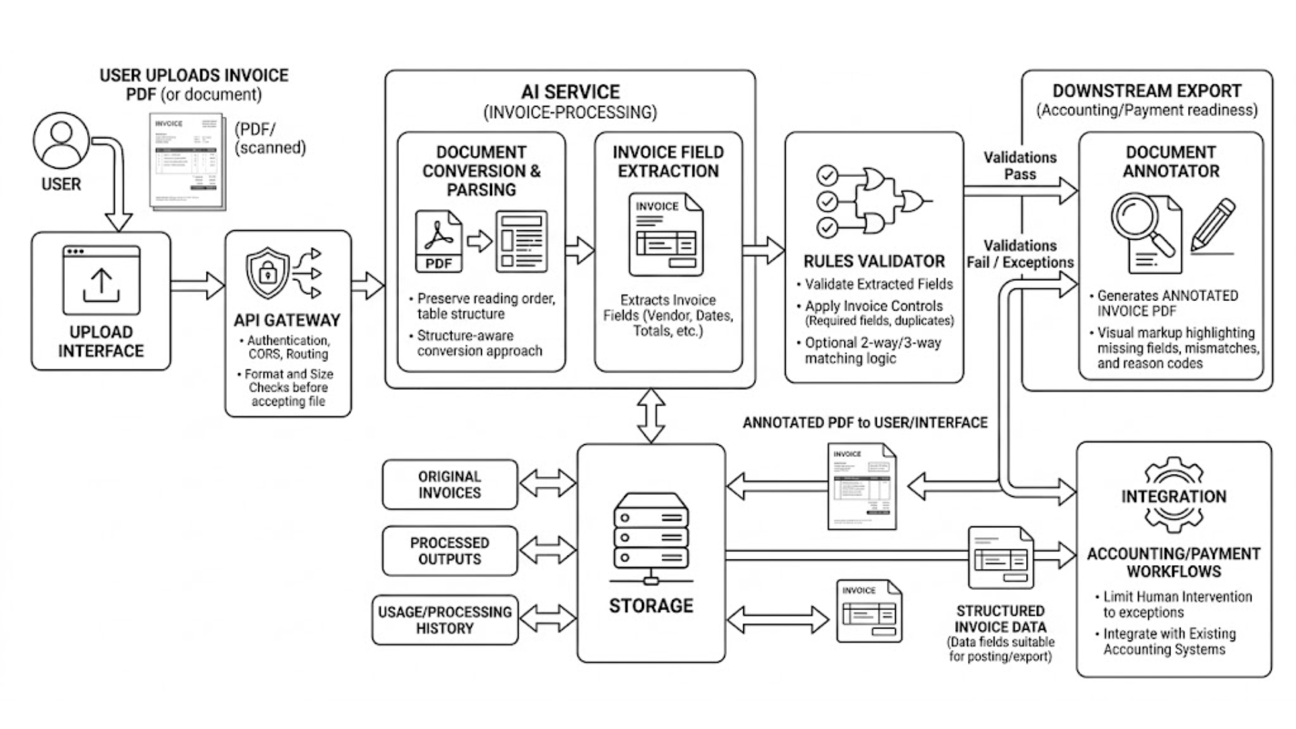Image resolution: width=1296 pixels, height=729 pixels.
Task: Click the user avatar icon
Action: pos(61,140)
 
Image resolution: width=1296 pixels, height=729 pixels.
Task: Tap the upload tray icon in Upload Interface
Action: pos(101,279)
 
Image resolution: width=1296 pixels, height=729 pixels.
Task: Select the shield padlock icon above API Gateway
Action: pos(268,273)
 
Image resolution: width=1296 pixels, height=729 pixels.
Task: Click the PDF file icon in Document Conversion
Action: pos(439,241)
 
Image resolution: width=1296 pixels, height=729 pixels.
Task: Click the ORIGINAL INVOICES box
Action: pos(450,485)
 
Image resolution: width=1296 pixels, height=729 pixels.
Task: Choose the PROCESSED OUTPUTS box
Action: pos(450,551)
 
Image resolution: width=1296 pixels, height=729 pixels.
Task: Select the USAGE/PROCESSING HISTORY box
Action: pos(445,620)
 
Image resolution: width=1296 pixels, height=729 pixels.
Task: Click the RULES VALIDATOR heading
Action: pos(874,261)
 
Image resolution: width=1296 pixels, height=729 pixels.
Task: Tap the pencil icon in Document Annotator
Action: pos(1213,225)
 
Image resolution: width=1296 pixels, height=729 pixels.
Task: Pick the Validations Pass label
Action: pos(1020,166)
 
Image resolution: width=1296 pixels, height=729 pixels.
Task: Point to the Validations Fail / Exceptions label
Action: pos(1020,254)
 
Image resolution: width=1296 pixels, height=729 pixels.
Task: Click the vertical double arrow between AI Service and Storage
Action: pos(651,415)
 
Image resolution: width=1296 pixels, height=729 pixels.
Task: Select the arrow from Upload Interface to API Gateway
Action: pos(197,286)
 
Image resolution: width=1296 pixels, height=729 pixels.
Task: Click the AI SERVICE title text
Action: pos(570,92)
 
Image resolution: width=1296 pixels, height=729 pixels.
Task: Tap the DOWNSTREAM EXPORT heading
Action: pos(1147,91)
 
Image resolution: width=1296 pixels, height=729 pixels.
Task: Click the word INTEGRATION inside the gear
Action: pos(1174,497)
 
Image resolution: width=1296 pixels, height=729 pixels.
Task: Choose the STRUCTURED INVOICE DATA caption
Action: pos(1000,619)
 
